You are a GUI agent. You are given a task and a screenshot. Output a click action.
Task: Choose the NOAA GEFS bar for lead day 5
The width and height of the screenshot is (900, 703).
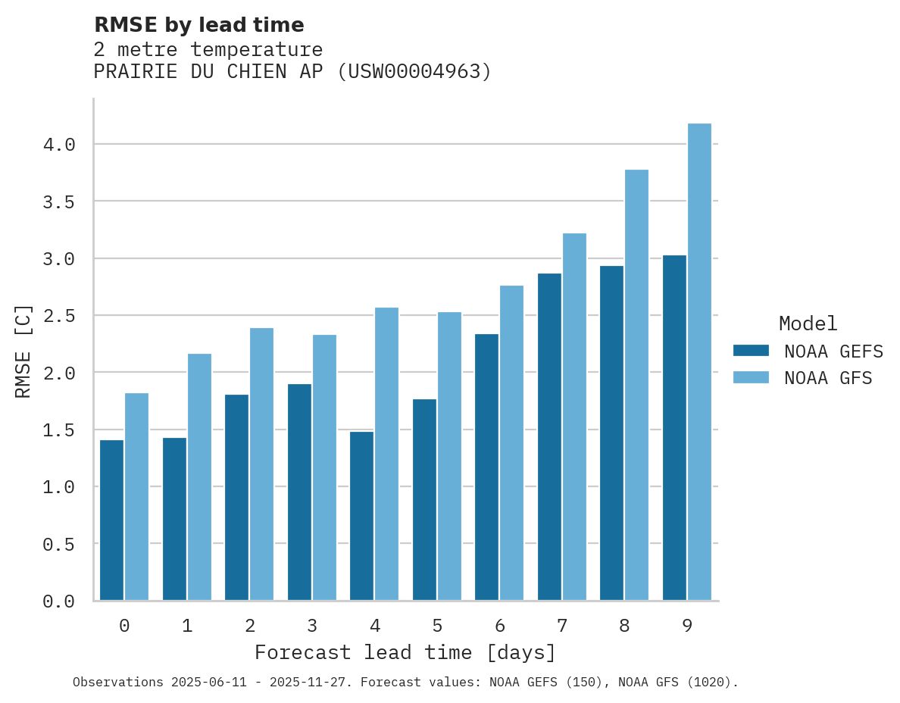pyautogui.click(x=424, y=500)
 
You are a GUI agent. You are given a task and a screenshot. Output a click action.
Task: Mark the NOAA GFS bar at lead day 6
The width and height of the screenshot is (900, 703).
pyautogui.click(x=511, y=443)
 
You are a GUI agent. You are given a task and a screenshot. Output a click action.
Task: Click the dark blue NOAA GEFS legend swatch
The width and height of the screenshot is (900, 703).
pyautogui.click(x=751, y=351)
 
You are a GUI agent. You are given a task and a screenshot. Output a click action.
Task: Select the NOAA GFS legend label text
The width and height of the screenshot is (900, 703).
pyautogui.click(x=828, y=378)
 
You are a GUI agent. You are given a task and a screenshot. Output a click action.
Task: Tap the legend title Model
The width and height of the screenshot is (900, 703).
pyautogui.click(x=808, y=323)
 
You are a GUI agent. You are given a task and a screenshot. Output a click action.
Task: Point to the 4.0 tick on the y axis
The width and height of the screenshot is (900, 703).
pyautogui.click(x=58, y=145)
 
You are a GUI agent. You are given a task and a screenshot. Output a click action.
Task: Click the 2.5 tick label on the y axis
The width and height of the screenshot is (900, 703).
pyautogui.click(x=58, y=316)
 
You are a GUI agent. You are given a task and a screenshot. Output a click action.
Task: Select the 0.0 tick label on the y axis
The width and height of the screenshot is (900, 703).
pyautogui.click(x=58, y=601)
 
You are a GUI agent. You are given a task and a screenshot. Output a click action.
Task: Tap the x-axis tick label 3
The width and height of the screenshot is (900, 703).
pyautogui.click(x=312, y=626)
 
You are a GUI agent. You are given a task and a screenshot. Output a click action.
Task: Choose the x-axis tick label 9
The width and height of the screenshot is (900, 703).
pyautogui.click(x=687, y=626)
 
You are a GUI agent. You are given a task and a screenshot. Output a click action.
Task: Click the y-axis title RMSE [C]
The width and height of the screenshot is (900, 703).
pyautogui.click(x=23, y=351)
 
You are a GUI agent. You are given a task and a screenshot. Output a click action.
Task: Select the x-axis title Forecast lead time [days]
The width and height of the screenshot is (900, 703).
pyautogui.click(x=405, y=652)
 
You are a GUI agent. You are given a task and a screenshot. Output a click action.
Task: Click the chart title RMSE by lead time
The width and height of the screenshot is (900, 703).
pyautogui.click(x=198, y=25)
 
